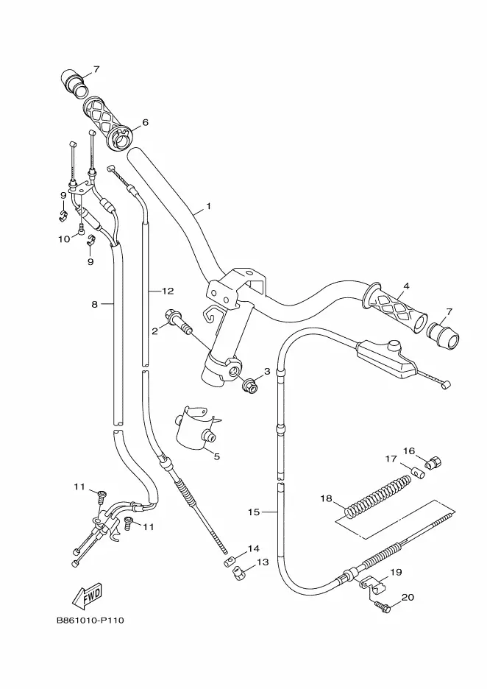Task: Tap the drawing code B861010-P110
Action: [90, 621]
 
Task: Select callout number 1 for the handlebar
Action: [209, 205]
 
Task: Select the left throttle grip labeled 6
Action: [107, 124]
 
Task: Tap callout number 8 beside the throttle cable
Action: [94, 303]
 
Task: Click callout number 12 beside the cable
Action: [168, 291]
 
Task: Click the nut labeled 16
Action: [433, 462]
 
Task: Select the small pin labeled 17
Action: [418, 474]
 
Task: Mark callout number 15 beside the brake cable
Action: [254, 512]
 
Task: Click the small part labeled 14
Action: [230, 561]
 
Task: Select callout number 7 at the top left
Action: [96, 69]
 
